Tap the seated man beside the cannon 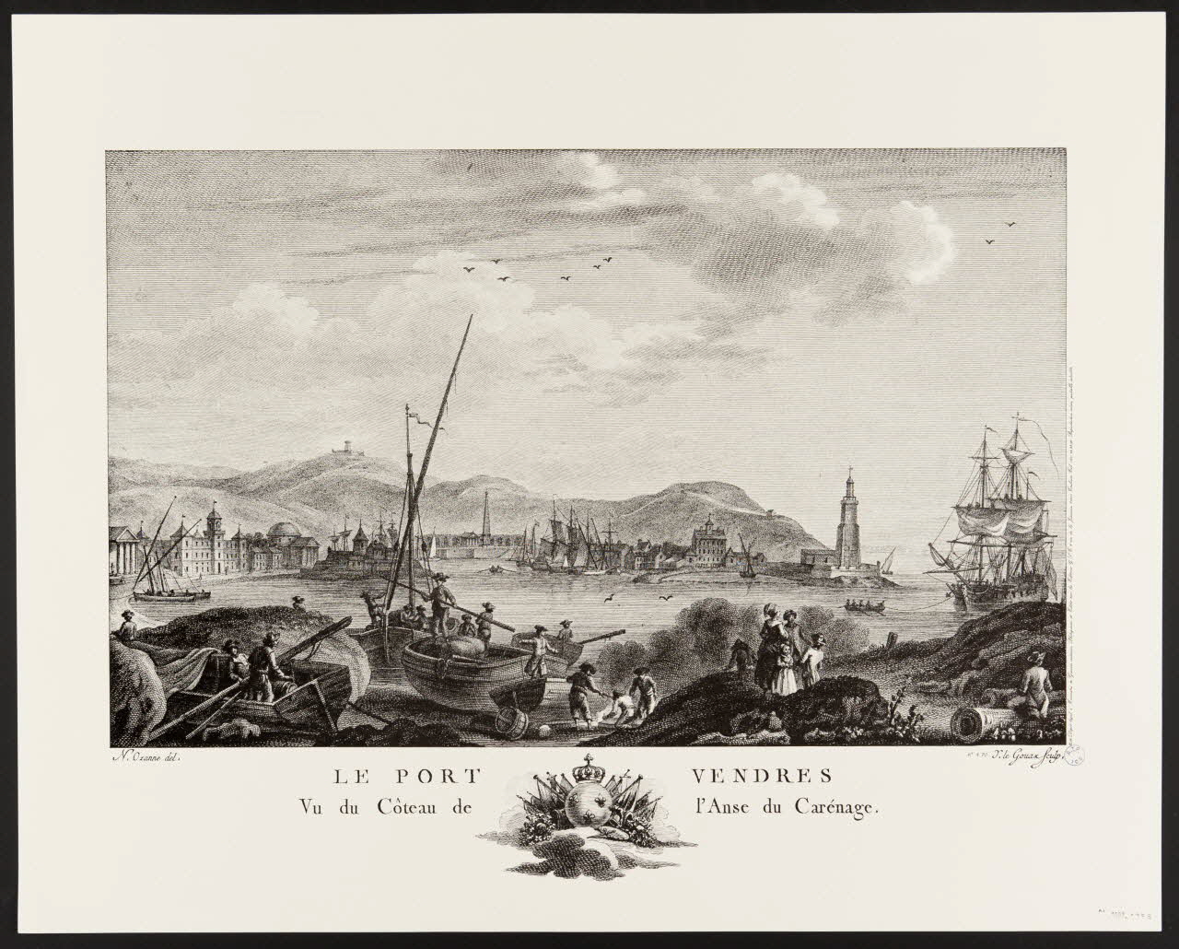[1033, 686]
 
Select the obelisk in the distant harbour [487, 518]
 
